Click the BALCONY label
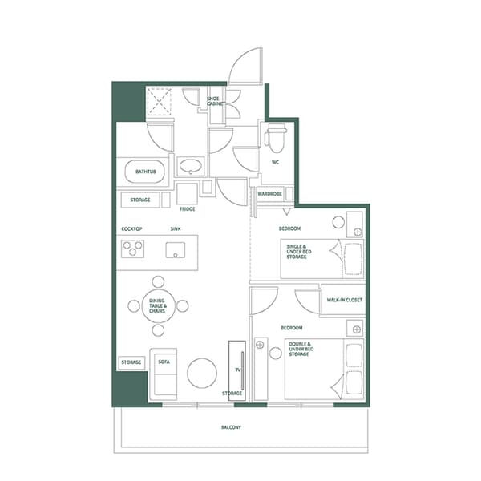[x=231, y=427]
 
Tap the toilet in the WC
[x=276, y=139]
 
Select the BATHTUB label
[x=145, y=172]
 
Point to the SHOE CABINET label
[x=217, y=101]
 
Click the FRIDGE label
[x=188, y=209]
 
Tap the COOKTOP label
[x=131, y=229]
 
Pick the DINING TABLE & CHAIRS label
[x=158, y=305]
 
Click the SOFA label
[x=164, y=362]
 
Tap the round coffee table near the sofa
[x=201, y=372]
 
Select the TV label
[x=238, y=370]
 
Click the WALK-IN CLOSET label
[x=344, y=300]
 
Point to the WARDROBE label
[x=270, y=193]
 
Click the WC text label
[x=275, y=162]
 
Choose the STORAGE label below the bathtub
[x=140, y=199]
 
